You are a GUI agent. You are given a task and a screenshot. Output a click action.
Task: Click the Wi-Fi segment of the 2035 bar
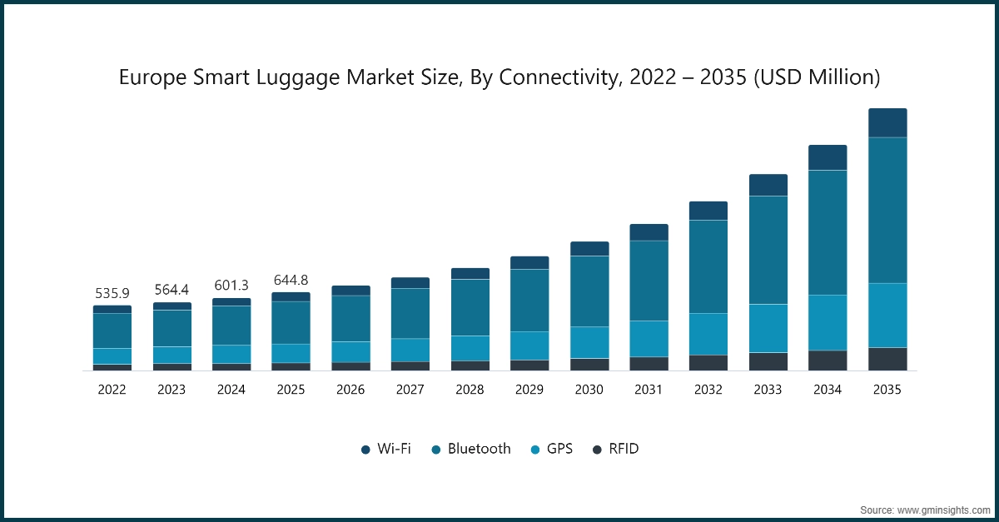click(887, 122)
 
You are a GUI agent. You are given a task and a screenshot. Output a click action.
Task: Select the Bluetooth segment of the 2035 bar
click(887, 210)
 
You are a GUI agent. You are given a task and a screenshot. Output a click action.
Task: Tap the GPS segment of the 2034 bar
click(828, 322)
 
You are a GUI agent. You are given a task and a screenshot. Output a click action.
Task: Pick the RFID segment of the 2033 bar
click(768, 361)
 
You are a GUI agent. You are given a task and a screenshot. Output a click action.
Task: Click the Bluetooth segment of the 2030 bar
click(589, 291)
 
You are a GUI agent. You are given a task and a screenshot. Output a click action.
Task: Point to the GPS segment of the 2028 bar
click(470, 348)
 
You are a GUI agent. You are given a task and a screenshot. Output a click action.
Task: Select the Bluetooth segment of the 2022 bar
click(112, 331)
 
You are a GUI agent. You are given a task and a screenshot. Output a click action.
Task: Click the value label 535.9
click(112, 294)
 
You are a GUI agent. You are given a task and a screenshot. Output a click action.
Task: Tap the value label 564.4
click(171, 290)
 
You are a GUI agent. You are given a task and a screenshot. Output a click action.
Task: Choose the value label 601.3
click(231, 286)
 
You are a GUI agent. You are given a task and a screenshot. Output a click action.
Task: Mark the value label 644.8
click(291, 280)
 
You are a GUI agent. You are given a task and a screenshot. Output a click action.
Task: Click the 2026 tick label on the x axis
click(350, 389)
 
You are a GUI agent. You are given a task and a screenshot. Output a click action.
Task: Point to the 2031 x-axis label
click(649, 389)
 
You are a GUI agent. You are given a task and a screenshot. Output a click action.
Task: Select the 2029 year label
click(529, 389)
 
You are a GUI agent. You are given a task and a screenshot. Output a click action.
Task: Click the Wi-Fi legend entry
click(386, 449)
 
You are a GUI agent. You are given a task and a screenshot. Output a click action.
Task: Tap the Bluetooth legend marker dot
click(436, 450)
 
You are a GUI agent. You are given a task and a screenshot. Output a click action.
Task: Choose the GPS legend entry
click(551, 449)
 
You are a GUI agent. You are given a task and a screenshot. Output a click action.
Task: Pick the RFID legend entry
click(615, 449)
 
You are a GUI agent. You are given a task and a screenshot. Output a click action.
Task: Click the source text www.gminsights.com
click(944, 509)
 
